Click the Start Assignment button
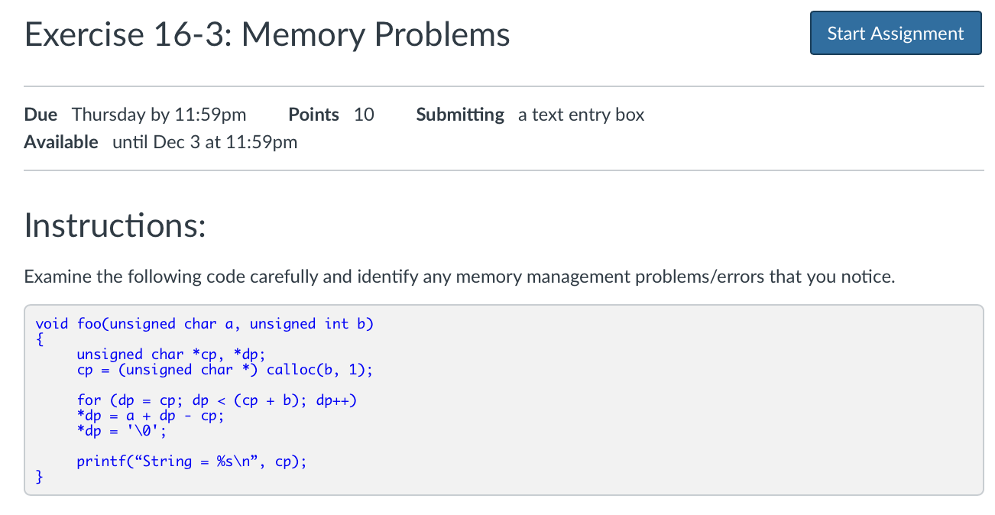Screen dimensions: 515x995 [x=895, y=34]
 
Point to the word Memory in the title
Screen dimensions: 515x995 [x=310, y=35]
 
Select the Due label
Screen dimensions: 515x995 [x=41, y=115]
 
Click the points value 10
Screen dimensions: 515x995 [x=364, y=115]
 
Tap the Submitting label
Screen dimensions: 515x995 [x=459, y=115]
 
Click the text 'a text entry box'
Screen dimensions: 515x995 [x=581, y=115]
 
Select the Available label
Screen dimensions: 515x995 [x=61, y=142]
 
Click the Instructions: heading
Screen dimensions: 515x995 [x=115, y=225]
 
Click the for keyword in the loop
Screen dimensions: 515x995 [x=89, y=400]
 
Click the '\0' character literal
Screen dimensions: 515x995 [x=143, y=431]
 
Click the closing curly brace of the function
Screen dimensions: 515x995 [x=40, y=478]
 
